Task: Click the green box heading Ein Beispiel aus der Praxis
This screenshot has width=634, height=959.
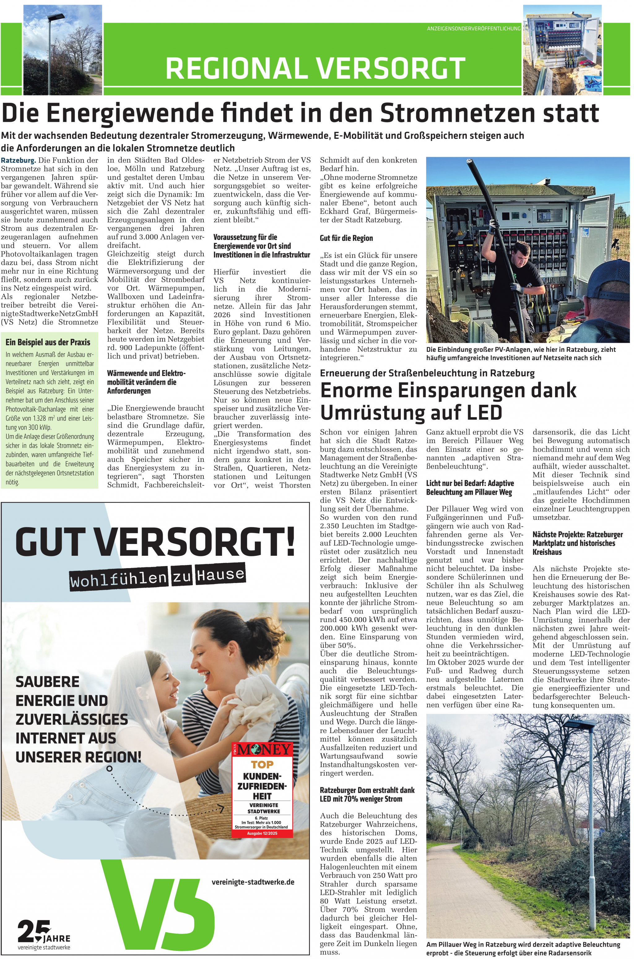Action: [x=48, y=342]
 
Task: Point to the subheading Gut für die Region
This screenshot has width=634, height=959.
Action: [x=346, y=238]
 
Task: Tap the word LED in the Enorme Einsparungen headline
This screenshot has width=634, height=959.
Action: [x=484, y=413]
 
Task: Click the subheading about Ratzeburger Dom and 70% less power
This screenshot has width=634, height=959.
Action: [x=367, y=794]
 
